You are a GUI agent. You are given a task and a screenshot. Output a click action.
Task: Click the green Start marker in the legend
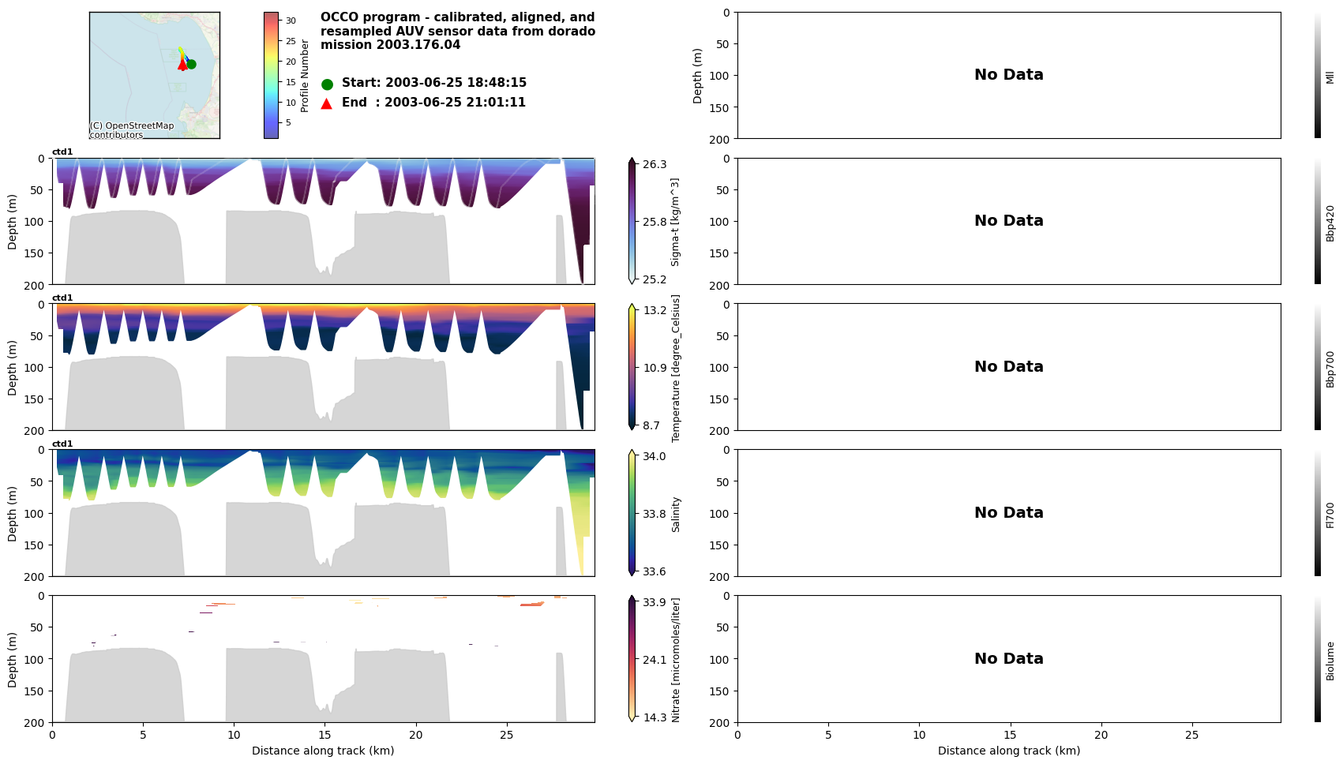[327, 84]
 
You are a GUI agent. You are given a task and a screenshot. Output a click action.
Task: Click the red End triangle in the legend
[327, 103]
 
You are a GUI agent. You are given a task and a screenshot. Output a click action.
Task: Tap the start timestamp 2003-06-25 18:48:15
[456, 83]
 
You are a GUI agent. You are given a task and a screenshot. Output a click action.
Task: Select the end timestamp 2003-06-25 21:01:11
[455, 103]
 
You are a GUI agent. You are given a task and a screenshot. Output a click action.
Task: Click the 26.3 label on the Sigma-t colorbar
[655, 164]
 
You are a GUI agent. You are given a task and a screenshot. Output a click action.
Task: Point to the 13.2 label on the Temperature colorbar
[655, 310]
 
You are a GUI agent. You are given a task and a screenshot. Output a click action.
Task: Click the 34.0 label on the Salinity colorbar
[655, 456]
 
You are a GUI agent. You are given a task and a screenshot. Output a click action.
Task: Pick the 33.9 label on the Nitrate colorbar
[655, 602]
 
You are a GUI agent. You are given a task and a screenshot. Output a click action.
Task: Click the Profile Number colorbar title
[305, 76]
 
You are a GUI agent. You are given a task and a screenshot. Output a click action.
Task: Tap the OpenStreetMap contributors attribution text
[131, 130]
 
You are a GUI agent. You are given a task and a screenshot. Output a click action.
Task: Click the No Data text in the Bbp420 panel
[1008, 221]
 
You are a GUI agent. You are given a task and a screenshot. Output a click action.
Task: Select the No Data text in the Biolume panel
[1008, 659]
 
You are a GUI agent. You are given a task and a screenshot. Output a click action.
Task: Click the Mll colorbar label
[1330, 77]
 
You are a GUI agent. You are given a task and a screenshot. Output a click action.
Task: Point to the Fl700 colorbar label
[1330, 515]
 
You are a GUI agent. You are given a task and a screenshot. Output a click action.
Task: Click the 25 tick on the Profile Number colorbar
[291, 41]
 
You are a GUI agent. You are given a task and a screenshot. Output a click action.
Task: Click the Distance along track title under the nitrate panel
[323, 751]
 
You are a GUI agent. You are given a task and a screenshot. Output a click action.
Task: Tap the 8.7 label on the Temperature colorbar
[651, 425]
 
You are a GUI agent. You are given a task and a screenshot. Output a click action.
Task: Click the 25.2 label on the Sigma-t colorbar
[655, 279]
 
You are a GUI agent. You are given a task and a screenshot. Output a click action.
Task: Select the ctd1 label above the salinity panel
[62, 444]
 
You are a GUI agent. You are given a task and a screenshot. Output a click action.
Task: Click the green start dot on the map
[191, 64]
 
